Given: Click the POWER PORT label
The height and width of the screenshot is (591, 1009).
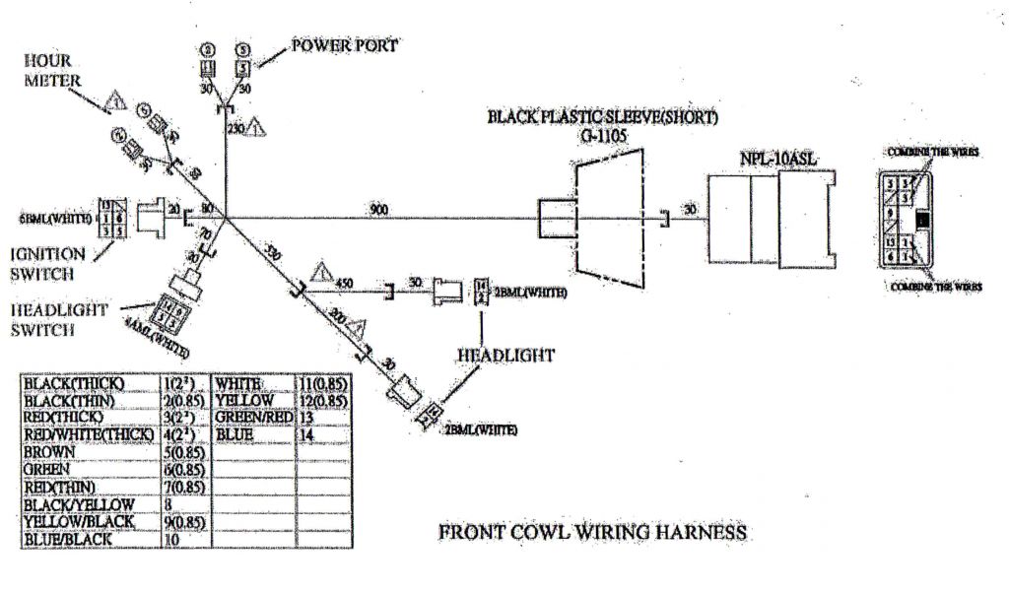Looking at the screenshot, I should pyautogui.click(x=345, y=45).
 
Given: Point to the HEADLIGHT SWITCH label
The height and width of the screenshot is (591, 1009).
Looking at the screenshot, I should pyautogui.click(x=59, y=321).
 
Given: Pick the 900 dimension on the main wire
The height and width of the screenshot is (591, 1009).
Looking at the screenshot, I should pyautogui.click(x=377, y=209).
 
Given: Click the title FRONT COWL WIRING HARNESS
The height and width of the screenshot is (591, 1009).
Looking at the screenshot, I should pyautogui.click(x=592, y=533).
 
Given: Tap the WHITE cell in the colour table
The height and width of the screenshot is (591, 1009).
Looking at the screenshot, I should pyautogui.click(x=237, y=382).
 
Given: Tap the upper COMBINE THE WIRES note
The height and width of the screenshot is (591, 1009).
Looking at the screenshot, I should pyautogui.click(x=935, y=152).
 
